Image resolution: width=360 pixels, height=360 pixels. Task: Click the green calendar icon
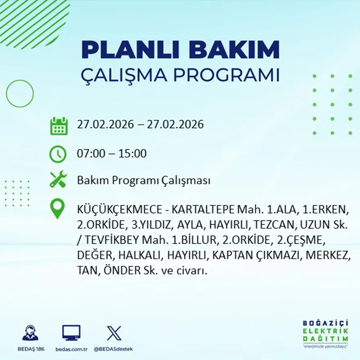click(x=59, y=126)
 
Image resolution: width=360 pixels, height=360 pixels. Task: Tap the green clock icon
click(x=58, y=154)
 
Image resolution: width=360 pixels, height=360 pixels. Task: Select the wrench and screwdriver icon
click(x=58, y=180)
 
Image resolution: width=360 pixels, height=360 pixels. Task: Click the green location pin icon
click(x=58, y=208)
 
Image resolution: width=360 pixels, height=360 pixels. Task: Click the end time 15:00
click(x=132, y=154)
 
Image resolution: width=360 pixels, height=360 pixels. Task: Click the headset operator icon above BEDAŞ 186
click(x=30, y=333)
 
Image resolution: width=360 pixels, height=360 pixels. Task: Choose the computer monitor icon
click(x=71, y=333)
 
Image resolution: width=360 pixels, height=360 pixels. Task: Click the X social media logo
click(x=114, y=333)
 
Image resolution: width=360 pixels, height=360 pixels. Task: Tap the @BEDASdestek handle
click(x=113, y=349)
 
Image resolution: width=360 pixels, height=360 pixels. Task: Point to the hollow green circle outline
click(x=20, y=94)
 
